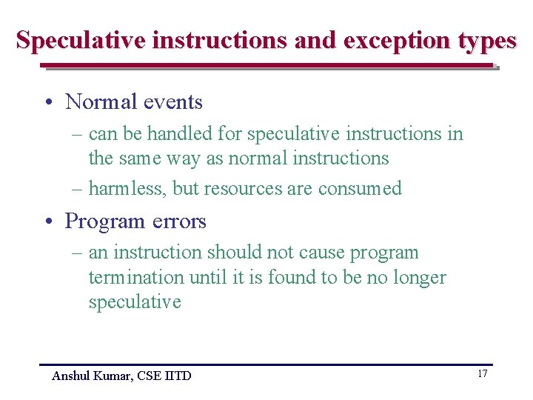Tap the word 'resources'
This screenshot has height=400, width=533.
coord(242,188)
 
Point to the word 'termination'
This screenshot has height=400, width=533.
coord(136,277)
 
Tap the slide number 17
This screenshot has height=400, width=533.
coord(482,373)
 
